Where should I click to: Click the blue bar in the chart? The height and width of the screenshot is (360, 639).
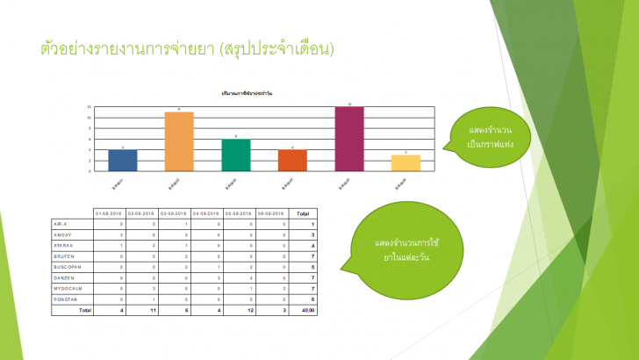click(x=123, y=161)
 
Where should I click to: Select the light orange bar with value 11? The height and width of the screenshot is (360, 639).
click(x=179, y=141)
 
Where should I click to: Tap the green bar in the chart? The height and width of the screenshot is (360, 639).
click(x=236, y=155)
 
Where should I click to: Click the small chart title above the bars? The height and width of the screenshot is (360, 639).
click(x=252, y=92)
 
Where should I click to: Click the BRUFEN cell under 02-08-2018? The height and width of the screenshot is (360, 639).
click(x=154, y=256)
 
